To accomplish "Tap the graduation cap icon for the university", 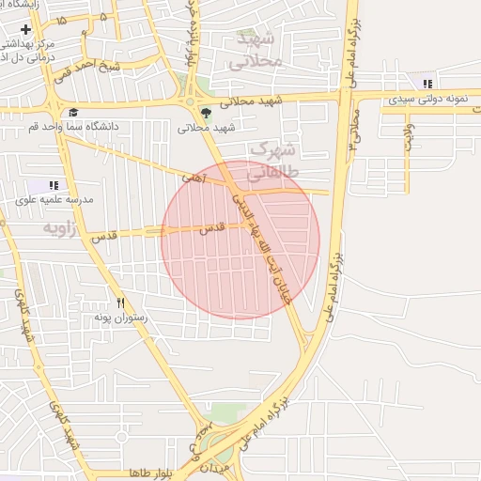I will pyautogui.click(x=73, y=113).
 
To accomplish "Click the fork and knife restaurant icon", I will pyautogui.click(x=120, y=303).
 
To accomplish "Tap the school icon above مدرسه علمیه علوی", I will pyautogui.click(x=54, y=185).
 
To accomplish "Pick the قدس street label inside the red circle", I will pyautogui.click(x=214, y=227).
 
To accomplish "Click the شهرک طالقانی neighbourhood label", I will pyautogui.click(x=272, y=161).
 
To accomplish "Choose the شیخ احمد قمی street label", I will pyautogui.click(x=85, y=66).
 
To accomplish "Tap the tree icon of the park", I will pyautogui.click(x=207, y=114).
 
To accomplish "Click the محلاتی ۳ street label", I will pyautogui.click(x=353, y=131).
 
